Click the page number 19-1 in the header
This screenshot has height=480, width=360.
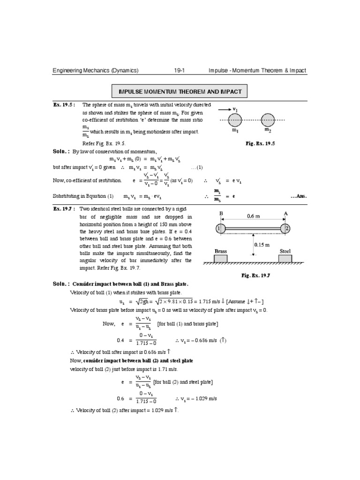[180, 70]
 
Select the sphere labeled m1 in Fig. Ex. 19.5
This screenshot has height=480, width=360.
[235, 120]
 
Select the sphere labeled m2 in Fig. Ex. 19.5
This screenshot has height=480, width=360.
[268, 120]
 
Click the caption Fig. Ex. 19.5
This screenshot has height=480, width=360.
[261, 144]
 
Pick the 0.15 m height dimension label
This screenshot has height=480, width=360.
[262, 245]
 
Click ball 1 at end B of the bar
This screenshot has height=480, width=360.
[219, 228]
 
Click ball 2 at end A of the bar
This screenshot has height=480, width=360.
[286, 228]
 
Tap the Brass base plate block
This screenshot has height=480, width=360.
[220, 258]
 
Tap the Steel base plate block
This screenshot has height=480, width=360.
[285, 258]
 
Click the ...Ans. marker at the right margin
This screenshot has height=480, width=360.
[298, 196]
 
